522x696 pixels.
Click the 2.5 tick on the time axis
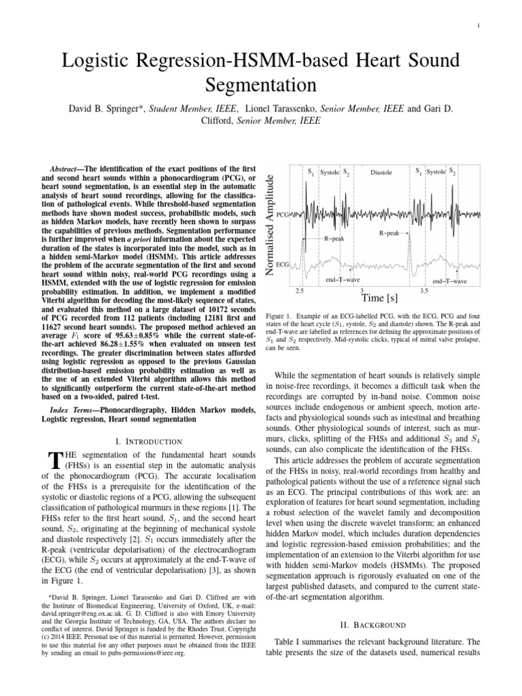[300, 291]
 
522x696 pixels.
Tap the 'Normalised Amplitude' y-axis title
[270, 225]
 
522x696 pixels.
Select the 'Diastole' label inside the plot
[381, 173]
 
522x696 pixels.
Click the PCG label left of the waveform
[284, 213]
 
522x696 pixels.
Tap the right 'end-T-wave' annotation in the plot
[449, 280]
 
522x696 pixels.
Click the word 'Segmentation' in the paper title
[260, 86]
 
